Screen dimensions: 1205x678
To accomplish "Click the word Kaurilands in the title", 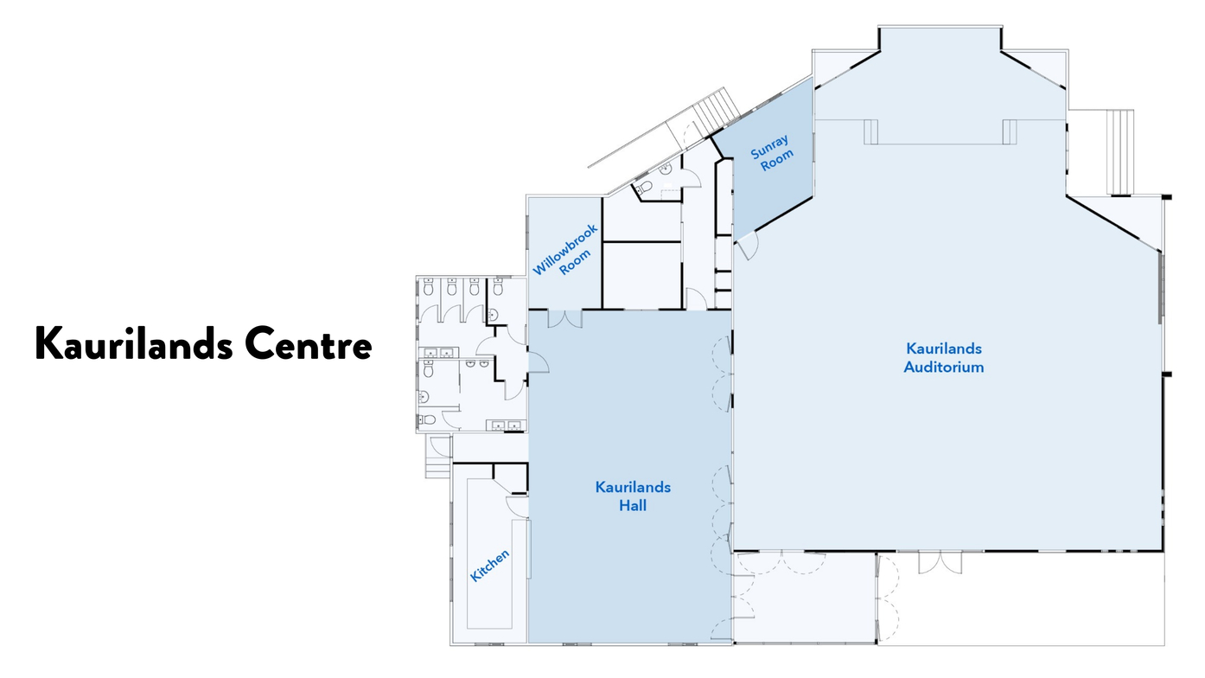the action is point(134,343).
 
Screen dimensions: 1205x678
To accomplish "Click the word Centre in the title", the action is point(309,343).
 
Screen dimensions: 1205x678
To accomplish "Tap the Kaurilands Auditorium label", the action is point(944,358).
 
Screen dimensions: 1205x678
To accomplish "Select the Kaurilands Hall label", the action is point(633,496).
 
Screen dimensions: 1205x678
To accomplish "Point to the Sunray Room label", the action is point(772,152).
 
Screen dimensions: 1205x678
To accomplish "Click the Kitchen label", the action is point(489,566).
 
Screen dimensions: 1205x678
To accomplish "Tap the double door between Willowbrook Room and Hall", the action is point(564,318).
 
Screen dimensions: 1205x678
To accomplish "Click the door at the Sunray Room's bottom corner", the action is point(747,246).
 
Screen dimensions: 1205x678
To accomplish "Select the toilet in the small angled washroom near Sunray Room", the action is point(643,187).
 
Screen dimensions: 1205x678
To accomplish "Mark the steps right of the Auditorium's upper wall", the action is point(1120,152).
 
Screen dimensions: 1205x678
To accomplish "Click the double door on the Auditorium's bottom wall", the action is point(940,562).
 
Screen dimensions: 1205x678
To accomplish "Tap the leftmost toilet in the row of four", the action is point(428,287).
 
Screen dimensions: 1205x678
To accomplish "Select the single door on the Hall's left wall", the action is point(538,362).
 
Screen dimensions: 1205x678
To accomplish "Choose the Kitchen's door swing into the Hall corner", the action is point(518,507).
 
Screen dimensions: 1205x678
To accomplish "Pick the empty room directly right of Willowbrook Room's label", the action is point(641,275).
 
